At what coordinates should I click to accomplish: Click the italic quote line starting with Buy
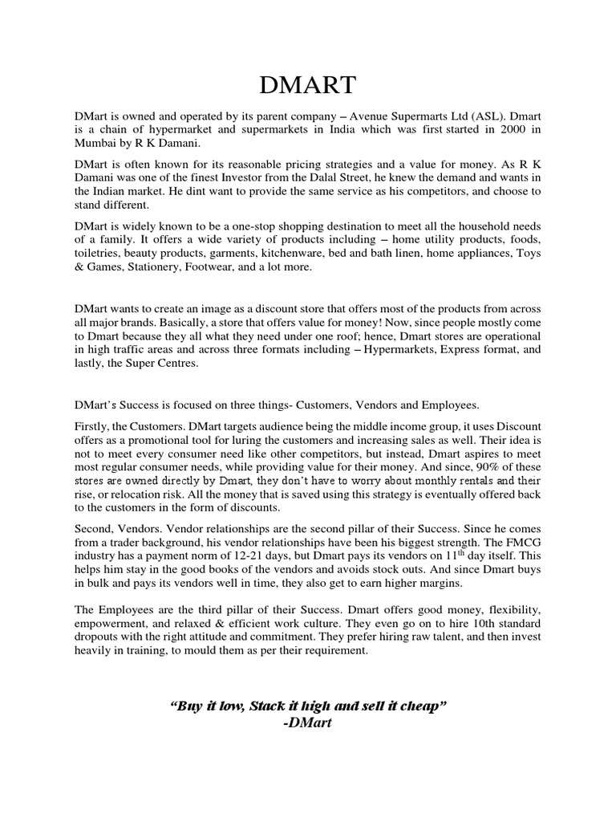[x=308, y=706]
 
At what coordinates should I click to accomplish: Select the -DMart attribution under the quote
[x=308, y=723]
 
